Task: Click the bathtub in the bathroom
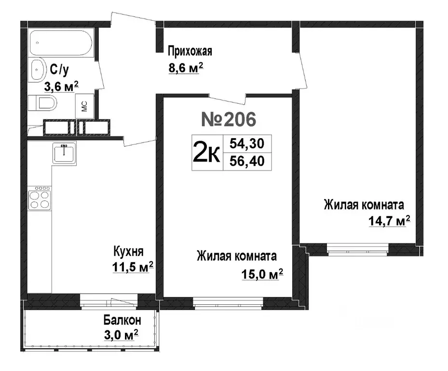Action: click(61, 43)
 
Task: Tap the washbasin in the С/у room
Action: click(38, 70)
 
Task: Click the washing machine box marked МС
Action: click(84, 106)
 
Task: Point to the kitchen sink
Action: click(64, 153)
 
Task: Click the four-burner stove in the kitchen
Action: click(40, 198)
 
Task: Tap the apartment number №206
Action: click(229, 119)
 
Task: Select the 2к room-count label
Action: click(206, 153)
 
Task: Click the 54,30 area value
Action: click(247, 143)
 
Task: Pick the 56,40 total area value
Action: click(247, 161)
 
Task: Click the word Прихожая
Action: click(190, 52)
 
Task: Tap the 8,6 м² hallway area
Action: click(186, 68)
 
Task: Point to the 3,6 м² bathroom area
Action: click(61, 86)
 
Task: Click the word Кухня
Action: click(129, 251)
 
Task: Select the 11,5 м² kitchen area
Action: click(133, 267)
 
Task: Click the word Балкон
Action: click(122, 320)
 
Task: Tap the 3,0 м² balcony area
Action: click(121, 335)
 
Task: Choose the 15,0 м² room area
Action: click(262, 274)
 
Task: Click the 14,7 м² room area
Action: click(390, 221)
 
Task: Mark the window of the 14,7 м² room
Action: click(358, 249)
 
